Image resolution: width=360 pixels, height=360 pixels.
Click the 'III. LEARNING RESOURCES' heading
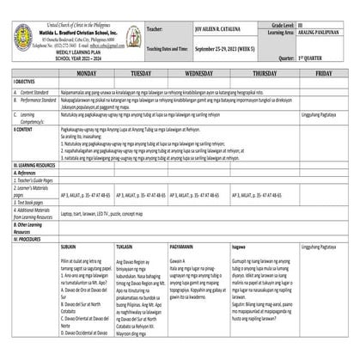(x=34, y=162)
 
